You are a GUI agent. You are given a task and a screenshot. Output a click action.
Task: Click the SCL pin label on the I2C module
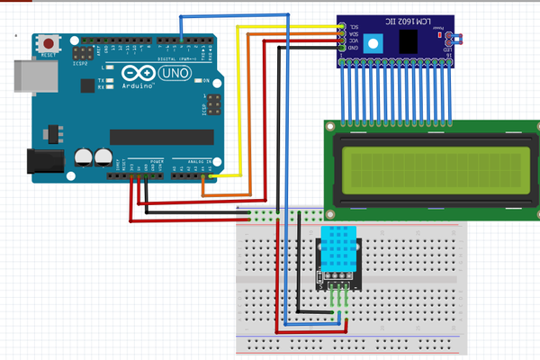(354, 26)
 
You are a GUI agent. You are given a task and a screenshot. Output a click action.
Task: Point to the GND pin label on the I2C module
(354, 48)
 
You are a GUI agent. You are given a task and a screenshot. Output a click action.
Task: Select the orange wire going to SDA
(252, 117)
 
